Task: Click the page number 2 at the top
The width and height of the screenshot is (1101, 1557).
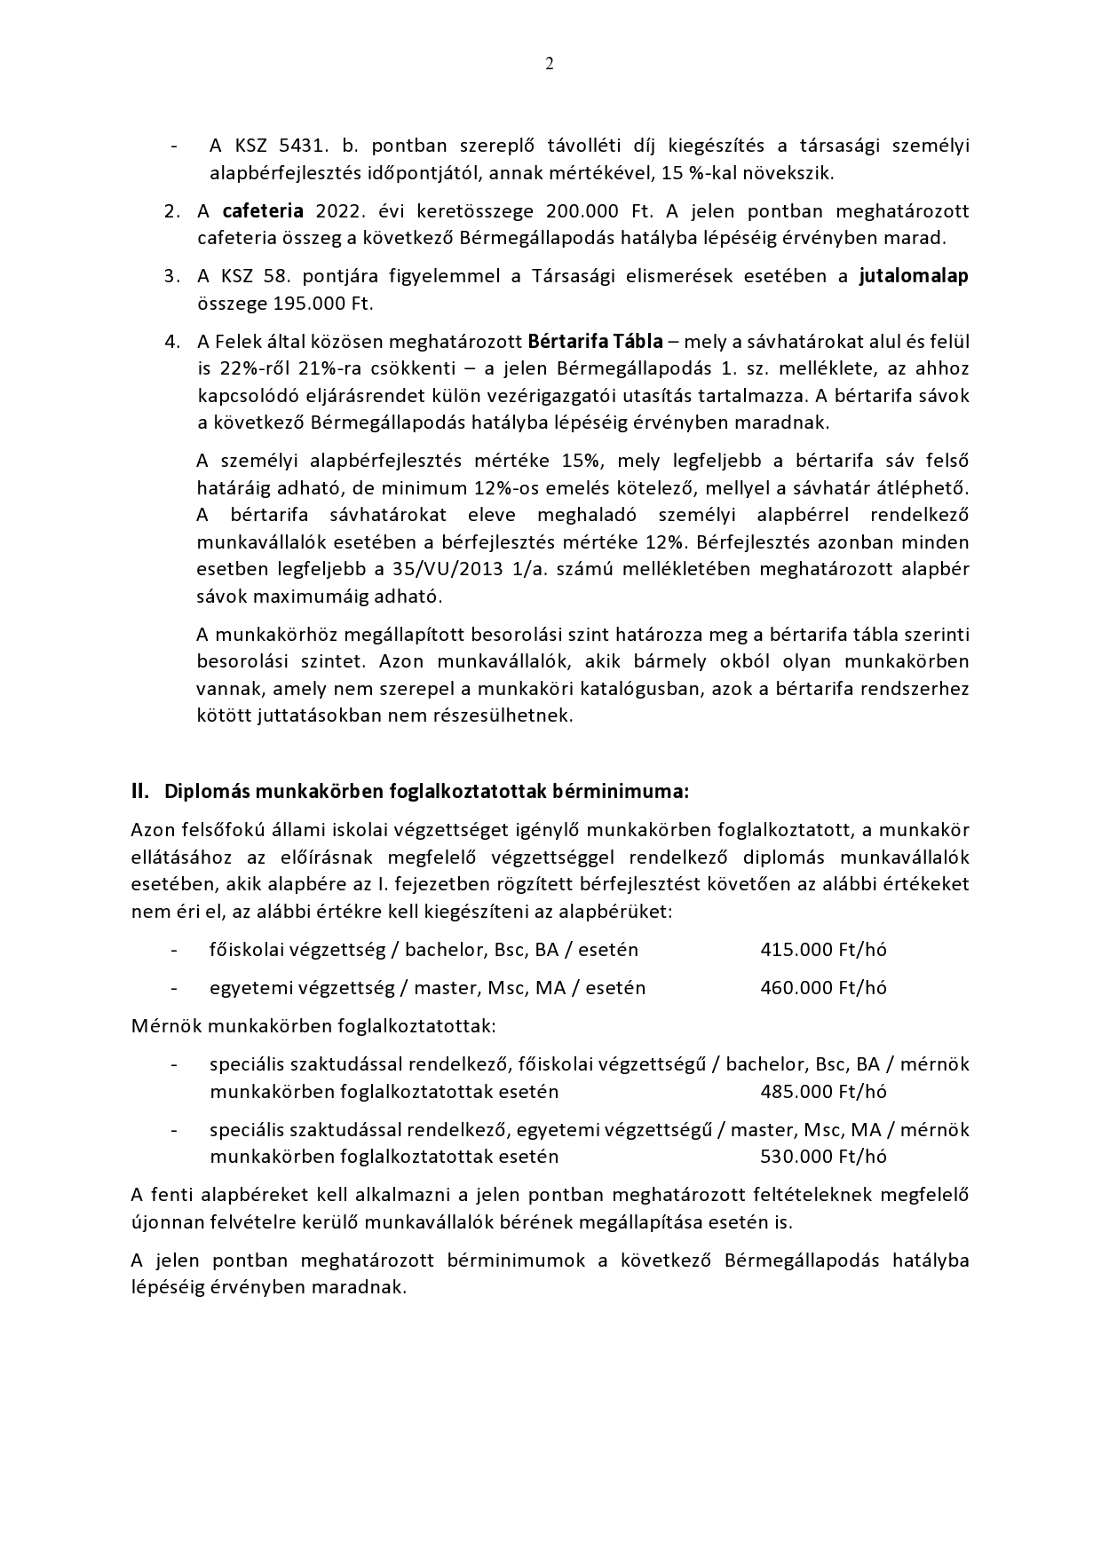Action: [x=550, y=63]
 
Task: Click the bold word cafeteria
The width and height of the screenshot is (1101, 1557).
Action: [x=263, y=211]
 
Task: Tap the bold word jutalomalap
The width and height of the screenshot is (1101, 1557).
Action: [x=914, y=276]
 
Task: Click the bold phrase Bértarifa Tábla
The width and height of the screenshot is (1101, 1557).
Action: [x=595, y=342]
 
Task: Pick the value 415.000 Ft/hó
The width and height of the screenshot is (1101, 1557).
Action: [x=823, y=950]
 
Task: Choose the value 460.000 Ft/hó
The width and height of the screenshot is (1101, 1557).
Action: [x=823, y=988]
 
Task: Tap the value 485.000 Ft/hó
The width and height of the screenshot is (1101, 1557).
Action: [x=823, y=1092]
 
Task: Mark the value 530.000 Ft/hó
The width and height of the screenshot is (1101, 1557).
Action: [x=823, y=1157]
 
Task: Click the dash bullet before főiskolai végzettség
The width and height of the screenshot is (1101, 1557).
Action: [x=174, y=950]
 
